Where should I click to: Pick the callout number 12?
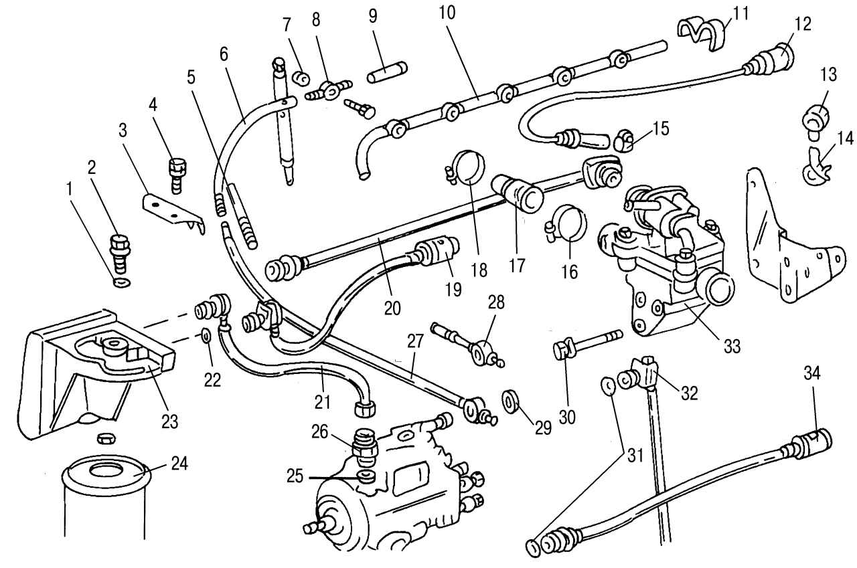point(801,23)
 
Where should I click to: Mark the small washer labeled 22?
point(206,334)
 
